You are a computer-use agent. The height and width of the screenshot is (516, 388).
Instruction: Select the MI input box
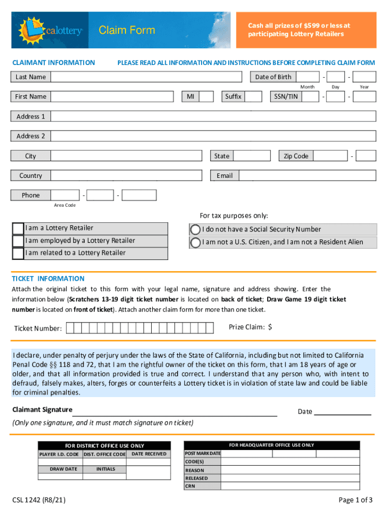click(206, 97)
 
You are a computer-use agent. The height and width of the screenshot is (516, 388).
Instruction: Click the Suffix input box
click(253, 97)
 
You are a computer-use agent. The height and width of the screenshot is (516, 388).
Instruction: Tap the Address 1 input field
click(213, 116)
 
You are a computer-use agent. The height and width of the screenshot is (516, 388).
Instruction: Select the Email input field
click(307, 176)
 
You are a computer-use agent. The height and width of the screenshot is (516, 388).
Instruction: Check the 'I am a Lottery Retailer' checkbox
click(18, 228)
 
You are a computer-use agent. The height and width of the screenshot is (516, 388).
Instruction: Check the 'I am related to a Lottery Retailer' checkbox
click(18, 253)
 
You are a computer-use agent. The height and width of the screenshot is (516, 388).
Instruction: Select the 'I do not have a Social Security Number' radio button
click(195, 229)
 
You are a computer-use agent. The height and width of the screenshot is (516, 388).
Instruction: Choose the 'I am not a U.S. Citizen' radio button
click(195, 242)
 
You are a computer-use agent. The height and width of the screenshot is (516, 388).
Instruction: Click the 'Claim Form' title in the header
click(126, 31)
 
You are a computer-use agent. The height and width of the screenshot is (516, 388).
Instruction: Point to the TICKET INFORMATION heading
click(48, 279)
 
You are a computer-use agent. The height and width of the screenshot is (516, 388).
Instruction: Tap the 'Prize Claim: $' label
click(250, 328)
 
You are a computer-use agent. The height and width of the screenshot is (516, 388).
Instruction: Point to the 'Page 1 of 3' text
click(356, 500)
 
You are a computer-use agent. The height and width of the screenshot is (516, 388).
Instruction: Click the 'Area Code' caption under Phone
click(64, 205)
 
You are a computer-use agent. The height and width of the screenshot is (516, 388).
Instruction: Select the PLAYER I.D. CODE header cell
click(59, 455)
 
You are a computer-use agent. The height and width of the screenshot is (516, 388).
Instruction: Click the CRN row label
click(190, 486)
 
